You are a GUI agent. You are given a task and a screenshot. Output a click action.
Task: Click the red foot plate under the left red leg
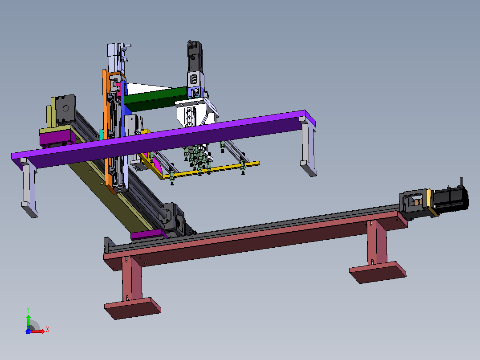(133, 308)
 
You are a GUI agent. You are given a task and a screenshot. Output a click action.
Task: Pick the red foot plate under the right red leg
(378, 272)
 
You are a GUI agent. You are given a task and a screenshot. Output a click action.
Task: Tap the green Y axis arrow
(28, 322)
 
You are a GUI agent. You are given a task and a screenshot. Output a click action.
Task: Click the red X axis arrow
(37, 331)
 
